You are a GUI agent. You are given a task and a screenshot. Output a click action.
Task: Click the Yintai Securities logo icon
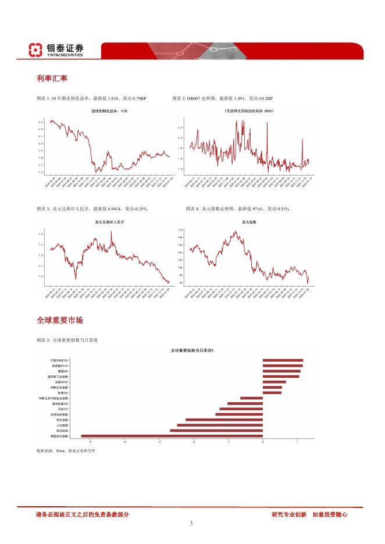click(36, 50)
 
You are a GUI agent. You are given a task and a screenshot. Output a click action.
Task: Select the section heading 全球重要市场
click(59, 320)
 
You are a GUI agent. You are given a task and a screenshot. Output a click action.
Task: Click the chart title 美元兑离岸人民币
click(108, 223)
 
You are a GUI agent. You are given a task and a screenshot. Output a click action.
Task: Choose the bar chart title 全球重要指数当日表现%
click(192, 350)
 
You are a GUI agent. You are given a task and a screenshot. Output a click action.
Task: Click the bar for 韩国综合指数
click(172, 435)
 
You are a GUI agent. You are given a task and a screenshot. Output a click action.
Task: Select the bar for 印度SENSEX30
click(283, 360)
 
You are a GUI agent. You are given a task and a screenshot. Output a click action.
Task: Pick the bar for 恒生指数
click(224, 420)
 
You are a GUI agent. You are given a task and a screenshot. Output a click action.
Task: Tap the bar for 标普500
click(272, 393)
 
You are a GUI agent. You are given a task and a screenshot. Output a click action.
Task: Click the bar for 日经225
click(241, 409)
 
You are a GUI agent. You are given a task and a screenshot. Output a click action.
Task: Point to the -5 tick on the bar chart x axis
click(90, 442)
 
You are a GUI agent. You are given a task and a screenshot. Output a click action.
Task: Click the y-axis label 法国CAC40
click(62, 382)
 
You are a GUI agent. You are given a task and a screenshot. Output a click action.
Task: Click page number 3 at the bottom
click(191, 523)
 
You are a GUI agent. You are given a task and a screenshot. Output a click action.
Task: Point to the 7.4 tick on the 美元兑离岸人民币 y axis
click(40, 234)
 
